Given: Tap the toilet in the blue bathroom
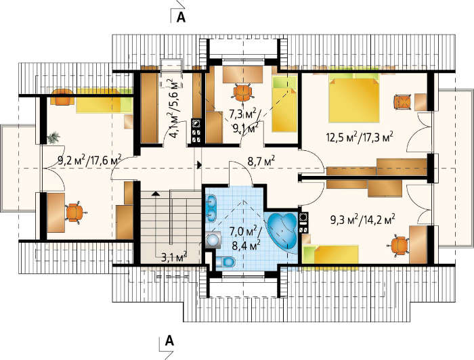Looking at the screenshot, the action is (225, 262).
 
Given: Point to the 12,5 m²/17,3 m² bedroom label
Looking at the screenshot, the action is (360, 137).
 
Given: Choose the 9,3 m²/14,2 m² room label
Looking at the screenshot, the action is (363, 219).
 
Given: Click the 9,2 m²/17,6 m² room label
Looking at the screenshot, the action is (89, 160).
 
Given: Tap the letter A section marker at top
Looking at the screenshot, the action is (181, 17).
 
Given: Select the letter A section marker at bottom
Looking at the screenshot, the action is (169, 341).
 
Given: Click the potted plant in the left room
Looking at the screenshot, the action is (53, 138).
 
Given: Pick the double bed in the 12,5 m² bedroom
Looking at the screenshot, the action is (353, 97).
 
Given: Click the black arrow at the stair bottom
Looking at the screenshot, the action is (156, 194).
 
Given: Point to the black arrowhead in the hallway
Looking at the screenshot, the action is (199, 164).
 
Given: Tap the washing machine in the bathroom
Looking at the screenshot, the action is (214, 240).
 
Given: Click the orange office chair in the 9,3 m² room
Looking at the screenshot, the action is (399, 245).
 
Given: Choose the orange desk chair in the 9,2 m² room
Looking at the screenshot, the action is (74, 212).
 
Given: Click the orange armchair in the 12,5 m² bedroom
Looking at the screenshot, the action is (404, 102).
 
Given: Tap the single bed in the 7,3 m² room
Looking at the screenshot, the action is (284, 104).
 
